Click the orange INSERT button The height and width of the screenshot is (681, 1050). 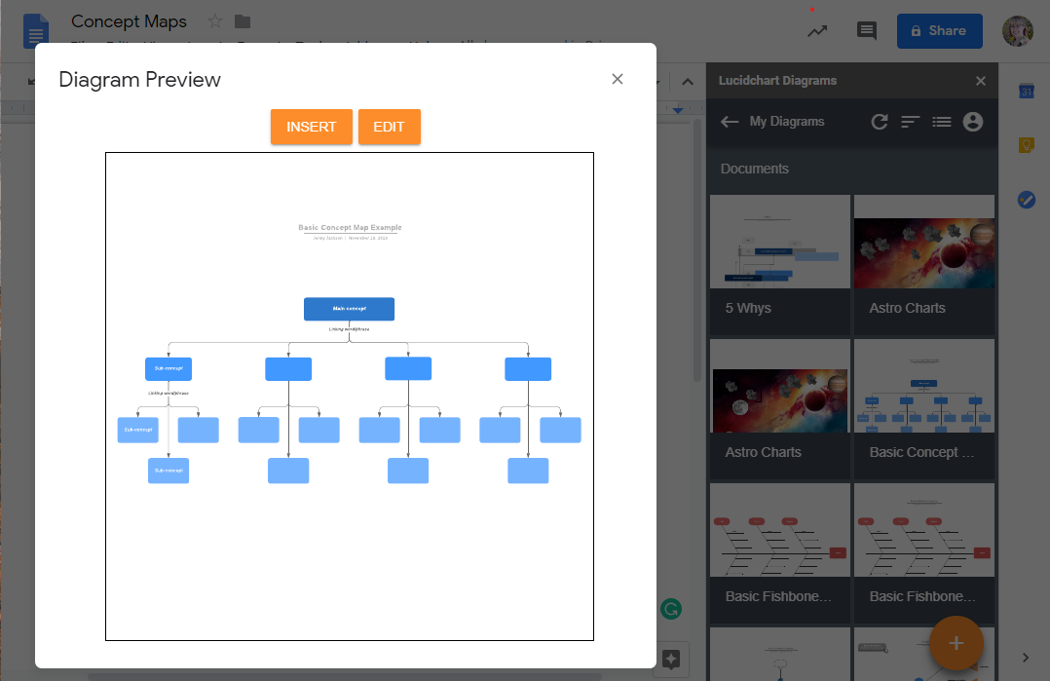(x=311, y=127)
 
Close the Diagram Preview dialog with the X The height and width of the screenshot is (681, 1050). (x=617, y=79)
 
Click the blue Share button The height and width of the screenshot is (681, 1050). (x=939, y=31)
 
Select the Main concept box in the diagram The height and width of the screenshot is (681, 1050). (x=349, y=309)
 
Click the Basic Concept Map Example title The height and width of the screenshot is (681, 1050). (x=350, y=228)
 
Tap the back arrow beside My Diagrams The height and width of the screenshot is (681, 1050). (x=730, y=122)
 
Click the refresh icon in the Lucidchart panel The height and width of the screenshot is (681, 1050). (x=879, y=122)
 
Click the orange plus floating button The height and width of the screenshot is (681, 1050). (x=956, y=643)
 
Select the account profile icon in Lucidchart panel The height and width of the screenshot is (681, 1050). (x=972, y=122)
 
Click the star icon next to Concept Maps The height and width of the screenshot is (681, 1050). (x=215, y=21)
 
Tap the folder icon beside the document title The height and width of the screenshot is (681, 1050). (x=243, y=21)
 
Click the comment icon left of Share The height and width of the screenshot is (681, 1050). (x=866, y=31)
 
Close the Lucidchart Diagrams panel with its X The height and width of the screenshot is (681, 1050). (x=981, y=81)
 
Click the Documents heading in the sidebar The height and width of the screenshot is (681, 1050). (x=755, y=169)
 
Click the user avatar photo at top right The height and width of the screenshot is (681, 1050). (x=1018, y=31)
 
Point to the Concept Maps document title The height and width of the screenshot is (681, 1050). (x=129, y=21)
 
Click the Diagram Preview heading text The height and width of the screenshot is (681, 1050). (x=139, y=80)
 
